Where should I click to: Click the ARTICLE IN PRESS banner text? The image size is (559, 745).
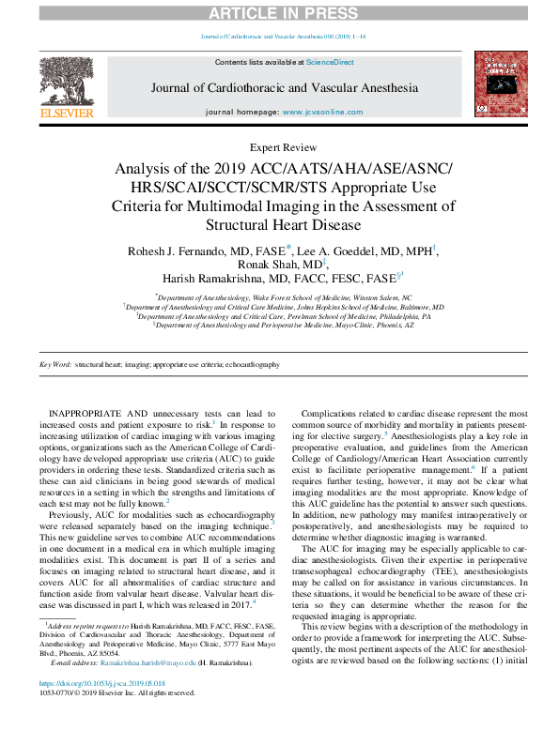tap(279, 12)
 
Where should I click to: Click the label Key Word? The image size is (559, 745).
tap(54, 365)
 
